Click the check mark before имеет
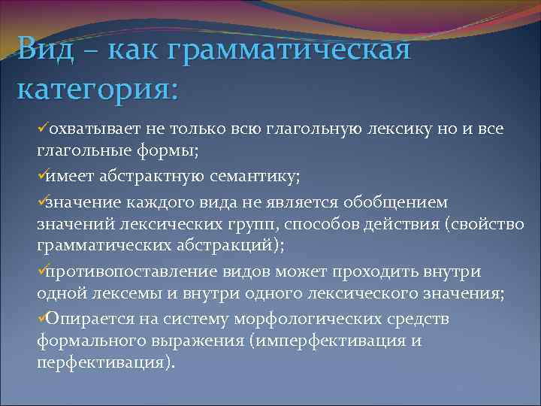coord(41,176)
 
